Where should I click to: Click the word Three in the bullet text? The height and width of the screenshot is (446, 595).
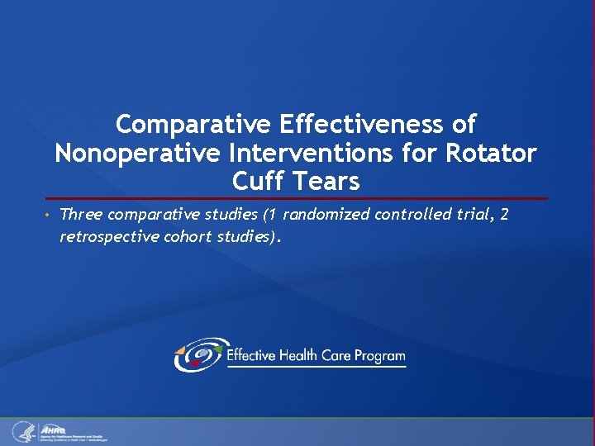pos(81,215)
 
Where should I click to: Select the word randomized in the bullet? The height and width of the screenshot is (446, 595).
pos(326,215)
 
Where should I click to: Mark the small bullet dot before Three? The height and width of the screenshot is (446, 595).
pos(49,216)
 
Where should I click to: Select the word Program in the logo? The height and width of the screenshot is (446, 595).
pos(379,356)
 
